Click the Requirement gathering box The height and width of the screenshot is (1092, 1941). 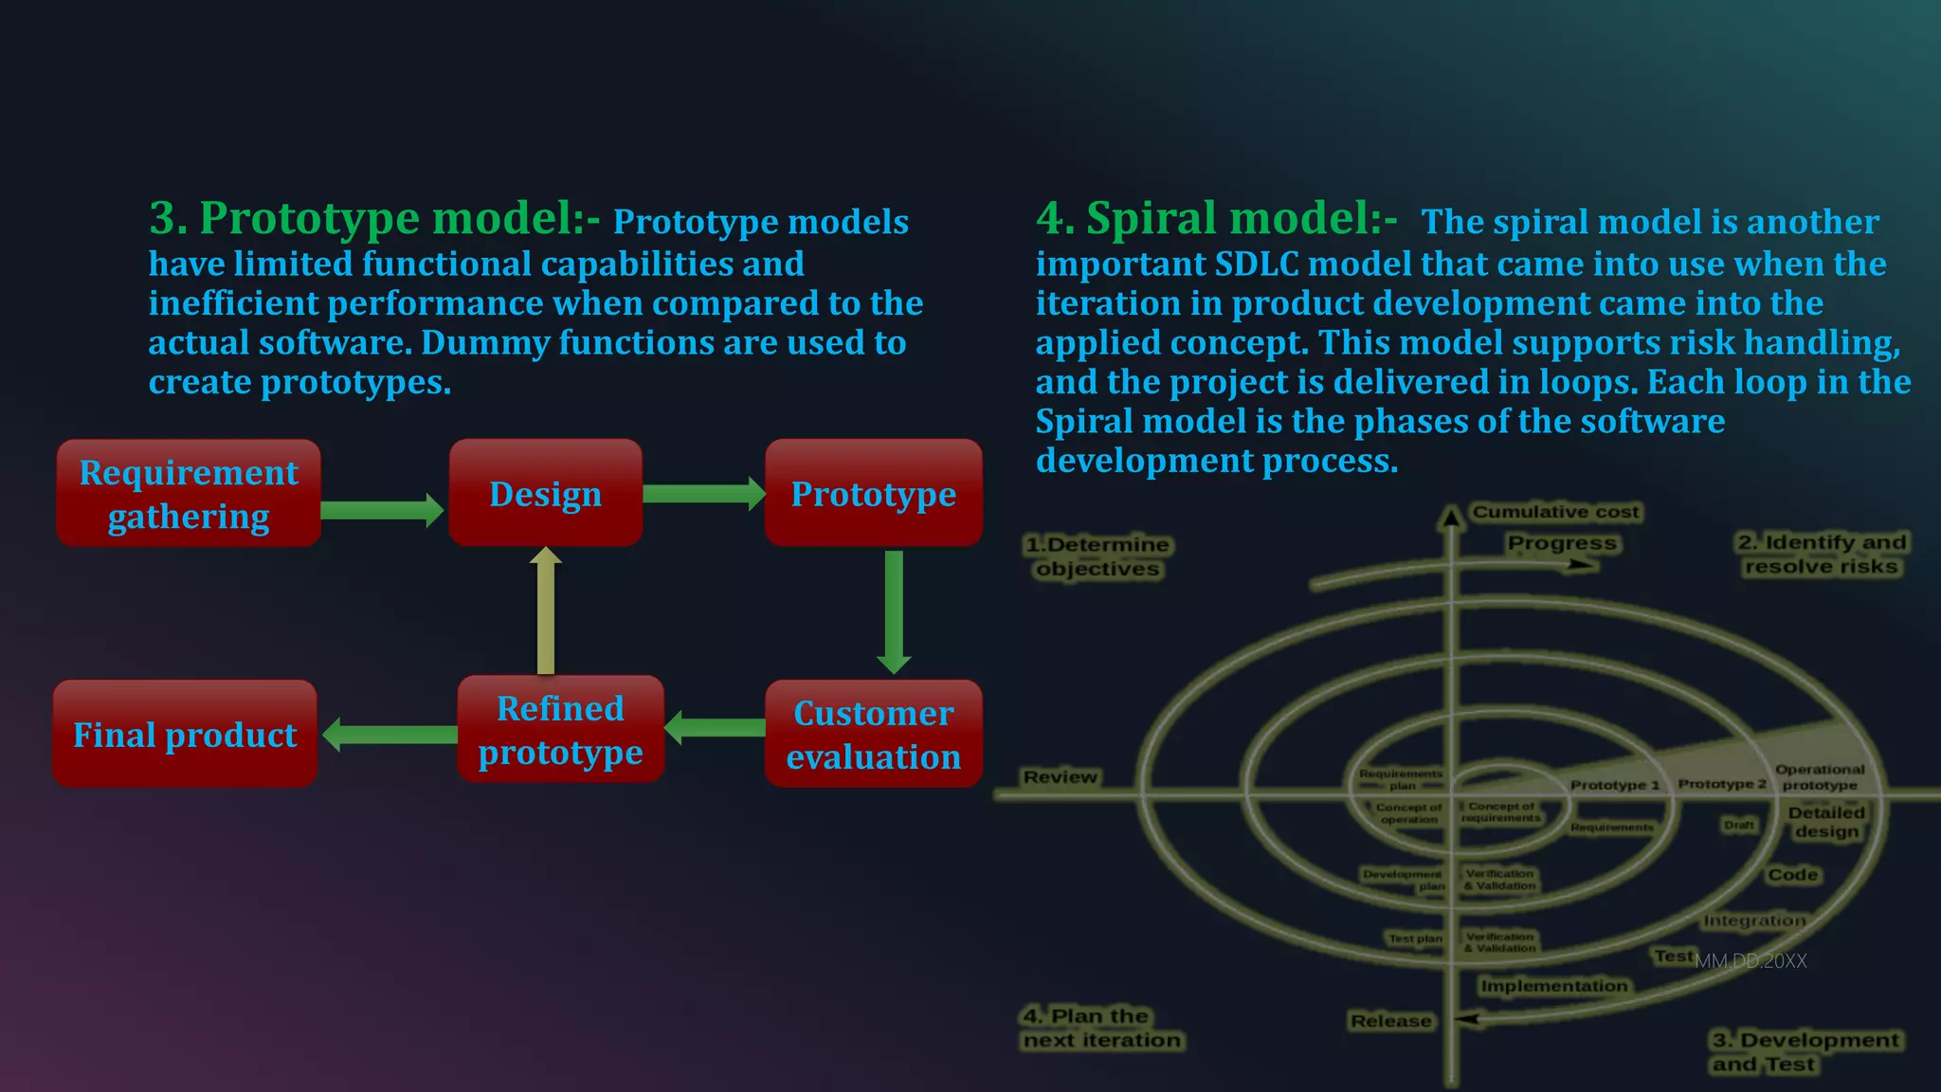[189, 494]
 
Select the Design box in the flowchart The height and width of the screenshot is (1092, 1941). [545, 494]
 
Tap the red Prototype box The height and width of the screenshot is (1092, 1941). [873, 494]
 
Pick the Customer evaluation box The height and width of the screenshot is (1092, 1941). [873, 735]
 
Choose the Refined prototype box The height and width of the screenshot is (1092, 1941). [560, 730]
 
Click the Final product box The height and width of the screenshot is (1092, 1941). [185, 735]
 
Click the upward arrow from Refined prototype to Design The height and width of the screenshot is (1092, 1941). [545, 611]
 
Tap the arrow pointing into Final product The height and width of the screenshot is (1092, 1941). [390, 735]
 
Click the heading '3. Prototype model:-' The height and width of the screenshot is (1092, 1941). [374, 219]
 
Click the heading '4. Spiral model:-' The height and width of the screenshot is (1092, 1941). [1216, 219]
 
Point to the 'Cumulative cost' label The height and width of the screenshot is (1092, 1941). [1554, 512]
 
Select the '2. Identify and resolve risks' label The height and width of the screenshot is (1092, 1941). [1821, 555]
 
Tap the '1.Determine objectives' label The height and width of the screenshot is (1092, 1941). [1097, 557]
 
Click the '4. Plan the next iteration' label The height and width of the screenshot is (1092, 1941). [1101, 1028]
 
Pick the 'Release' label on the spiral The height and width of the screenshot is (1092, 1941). [1390, 1021]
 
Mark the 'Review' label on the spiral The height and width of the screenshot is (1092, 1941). [1060, 777]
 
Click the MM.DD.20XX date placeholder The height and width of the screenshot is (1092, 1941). [1751, 961]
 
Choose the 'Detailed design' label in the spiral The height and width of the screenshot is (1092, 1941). [1826, 822]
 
